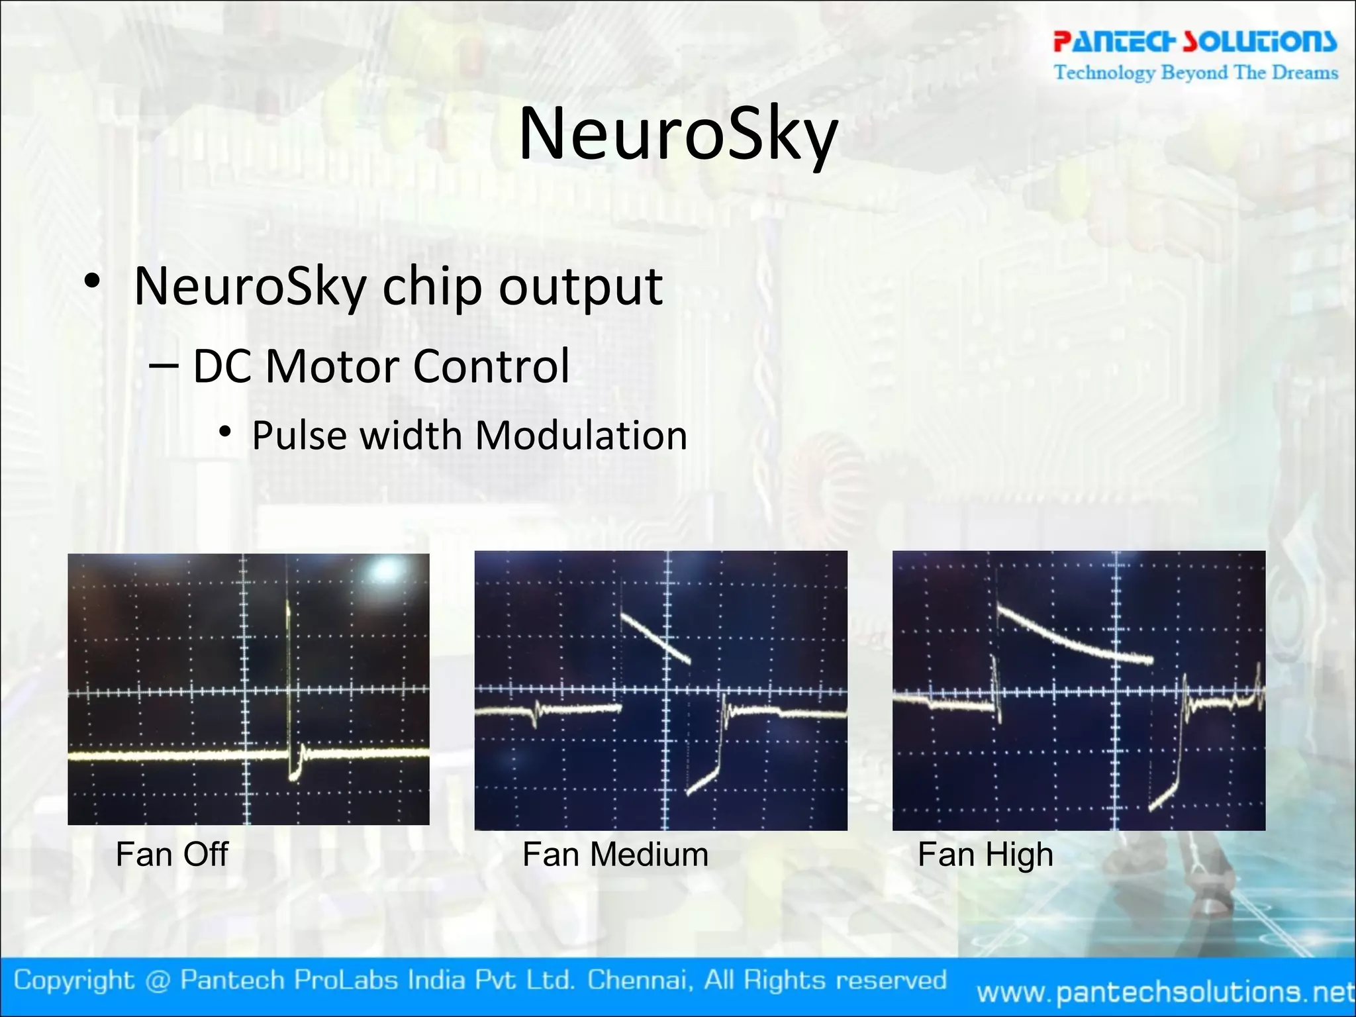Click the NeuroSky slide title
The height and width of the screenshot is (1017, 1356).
click(x=678, y=134)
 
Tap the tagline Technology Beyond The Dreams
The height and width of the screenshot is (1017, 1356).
click(x=1196, y=72)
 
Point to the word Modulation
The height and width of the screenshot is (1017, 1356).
click(x=581, y=436)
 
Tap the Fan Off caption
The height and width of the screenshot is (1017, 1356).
click(x=171, y=854)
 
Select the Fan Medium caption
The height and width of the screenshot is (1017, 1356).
click(x=615, y=854)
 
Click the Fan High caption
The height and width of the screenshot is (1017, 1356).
click(x=985, y=854)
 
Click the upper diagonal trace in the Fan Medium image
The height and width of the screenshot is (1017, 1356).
click(x=655, y=638)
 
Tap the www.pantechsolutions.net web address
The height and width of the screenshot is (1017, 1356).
click(x=1165, y=992)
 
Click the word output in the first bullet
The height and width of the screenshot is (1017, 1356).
click(x=581, y=287)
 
